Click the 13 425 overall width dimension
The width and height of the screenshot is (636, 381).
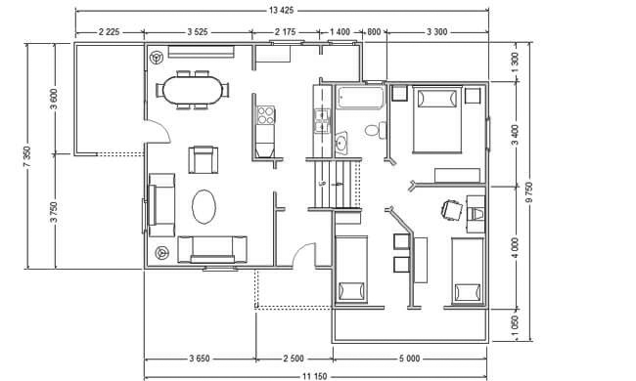(281, 11)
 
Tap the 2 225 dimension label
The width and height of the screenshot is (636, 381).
(110, 31)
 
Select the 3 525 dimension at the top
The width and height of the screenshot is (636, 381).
(198, 31)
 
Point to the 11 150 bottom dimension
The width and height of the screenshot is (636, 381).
(314, 376)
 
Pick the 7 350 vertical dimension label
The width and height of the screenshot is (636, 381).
(26, 156)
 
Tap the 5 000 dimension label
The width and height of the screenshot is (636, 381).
(409, 359)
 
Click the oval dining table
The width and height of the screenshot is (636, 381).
(193, 90)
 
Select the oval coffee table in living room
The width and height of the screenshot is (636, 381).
(204, 207)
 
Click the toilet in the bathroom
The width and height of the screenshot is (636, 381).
(376, 130)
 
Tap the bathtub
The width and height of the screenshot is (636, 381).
(360, 97)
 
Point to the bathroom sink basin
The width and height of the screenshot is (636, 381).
(341, 143)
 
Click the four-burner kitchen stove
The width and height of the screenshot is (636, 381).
(266, 115)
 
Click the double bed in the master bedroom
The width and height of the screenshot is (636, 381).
(436, 120)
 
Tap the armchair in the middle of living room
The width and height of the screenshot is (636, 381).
(203, 159)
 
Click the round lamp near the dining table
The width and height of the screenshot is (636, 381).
(157, 57)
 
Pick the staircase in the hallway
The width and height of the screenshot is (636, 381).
(334, 185)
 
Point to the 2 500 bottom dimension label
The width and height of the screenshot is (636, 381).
(294, 359)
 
